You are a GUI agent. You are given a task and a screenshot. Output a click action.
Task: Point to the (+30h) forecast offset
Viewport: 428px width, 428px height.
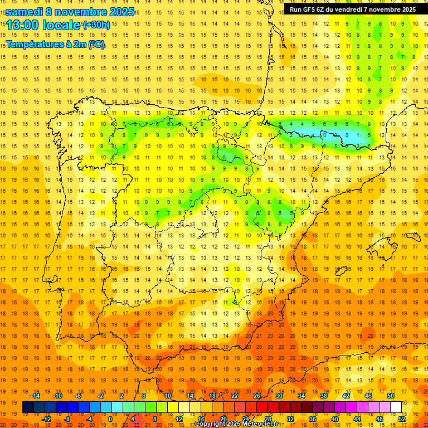pyautogui.click(x=96, y=25)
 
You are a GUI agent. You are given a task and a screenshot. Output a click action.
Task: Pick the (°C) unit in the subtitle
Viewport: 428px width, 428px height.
pyautogui.click(x=96, y=44)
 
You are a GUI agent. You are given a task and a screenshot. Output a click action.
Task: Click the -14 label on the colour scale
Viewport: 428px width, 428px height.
pyautogui.click(x=36, y=396)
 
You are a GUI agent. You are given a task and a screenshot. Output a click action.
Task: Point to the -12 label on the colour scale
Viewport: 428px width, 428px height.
pyautogui.click(x=46, y=419)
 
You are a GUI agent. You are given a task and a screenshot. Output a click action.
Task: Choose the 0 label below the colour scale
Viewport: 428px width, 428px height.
pyautogui.click(x=110, y=419)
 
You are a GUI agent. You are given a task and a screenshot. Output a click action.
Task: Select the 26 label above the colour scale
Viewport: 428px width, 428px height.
pyautogui.click(x=257, y=396)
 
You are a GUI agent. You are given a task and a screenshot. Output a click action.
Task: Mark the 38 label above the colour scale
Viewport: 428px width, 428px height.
pyautogui.click(x=323, y=396)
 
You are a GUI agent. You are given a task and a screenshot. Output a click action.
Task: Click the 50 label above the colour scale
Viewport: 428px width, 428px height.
pyautogui.click(x=390, y=396)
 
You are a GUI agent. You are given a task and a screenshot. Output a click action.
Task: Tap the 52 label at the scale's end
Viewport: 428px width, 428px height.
pyautogui.click(x=401, y=419)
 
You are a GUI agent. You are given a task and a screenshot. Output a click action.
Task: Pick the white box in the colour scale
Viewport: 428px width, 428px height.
pyautogui.click(x=396, y=407)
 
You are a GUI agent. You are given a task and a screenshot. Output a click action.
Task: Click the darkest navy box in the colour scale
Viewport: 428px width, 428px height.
pyautogui.click(x=28, y=407)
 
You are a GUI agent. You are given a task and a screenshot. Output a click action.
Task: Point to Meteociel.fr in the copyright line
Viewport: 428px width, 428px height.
pyautogui.click(x=259, y=424)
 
